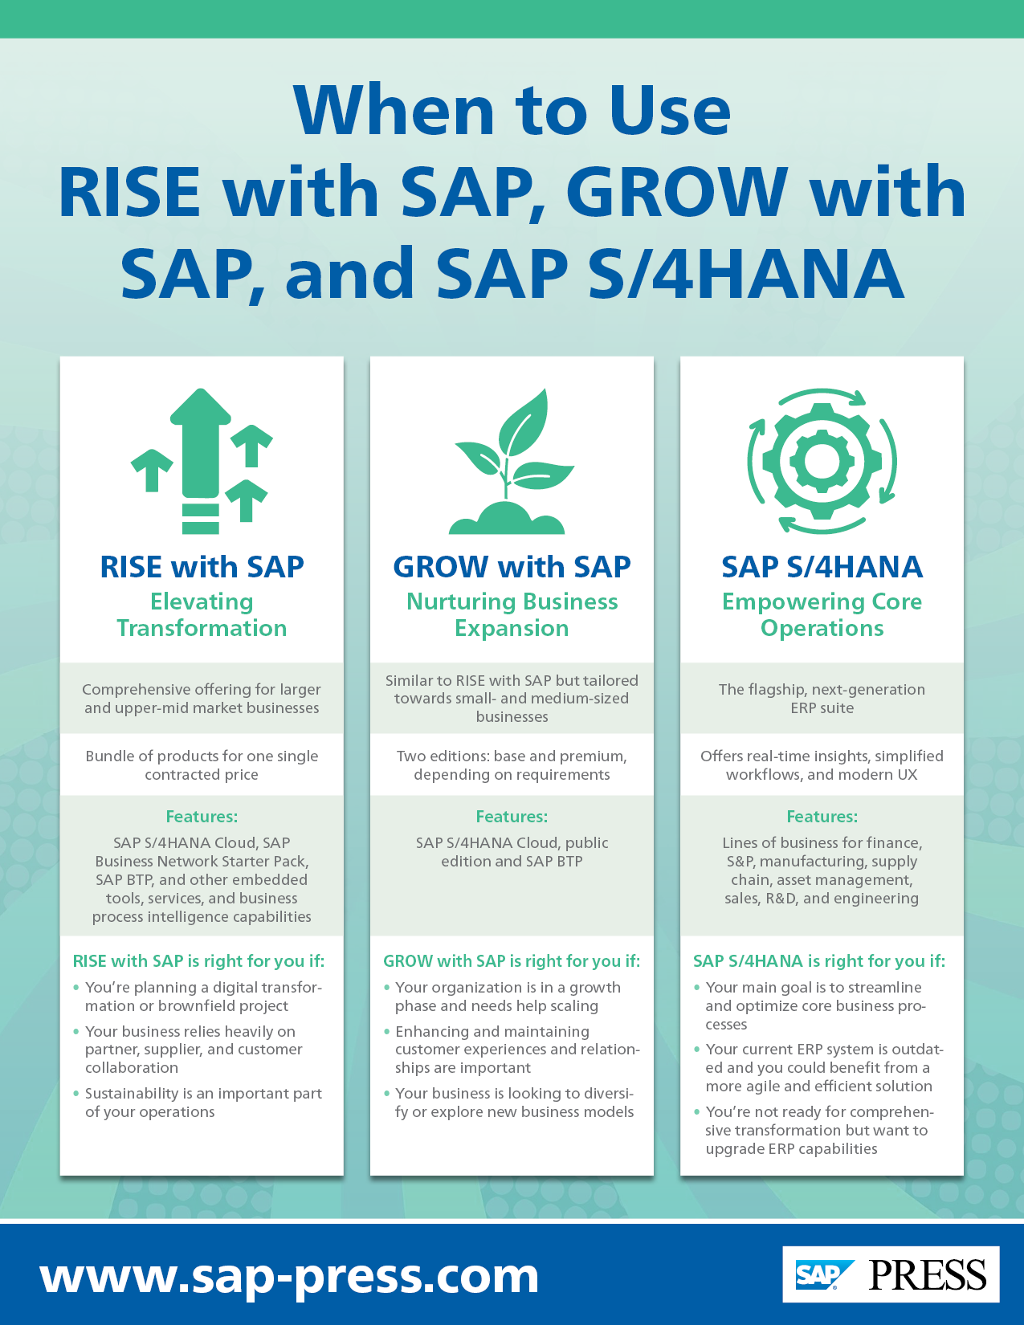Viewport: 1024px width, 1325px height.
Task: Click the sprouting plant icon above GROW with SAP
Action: (x=512, y=463)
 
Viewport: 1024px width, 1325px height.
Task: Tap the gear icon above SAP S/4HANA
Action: (x=822, y=462)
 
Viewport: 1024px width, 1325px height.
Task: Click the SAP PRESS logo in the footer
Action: (x=891, y=1274)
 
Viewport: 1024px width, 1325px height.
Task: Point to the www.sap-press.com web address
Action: (x=289, y=1274)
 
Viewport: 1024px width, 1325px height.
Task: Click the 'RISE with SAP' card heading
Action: (x=202, y=567)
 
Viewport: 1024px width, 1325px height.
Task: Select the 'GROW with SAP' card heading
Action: (x=512, y=567)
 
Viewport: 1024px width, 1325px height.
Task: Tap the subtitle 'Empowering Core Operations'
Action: (x=822, y=614)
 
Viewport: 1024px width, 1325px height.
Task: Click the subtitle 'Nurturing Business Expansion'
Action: (x=512, y=614)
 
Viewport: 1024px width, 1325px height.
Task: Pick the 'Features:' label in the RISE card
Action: (x=202, y=817)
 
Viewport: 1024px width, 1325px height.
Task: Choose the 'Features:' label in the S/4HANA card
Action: (x=822, y=817)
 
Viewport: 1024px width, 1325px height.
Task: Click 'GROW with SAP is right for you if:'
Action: (x=512, y=961)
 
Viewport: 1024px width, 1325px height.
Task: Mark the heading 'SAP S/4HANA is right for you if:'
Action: (x=819, y=961)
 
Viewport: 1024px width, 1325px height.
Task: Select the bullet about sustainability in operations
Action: (x=203, y=1103)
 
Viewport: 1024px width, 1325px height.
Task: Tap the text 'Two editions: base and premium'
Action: (x=512, y=756)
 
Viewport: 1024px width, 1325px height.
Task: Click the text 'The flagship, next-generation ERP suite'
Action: (x=822, y=699)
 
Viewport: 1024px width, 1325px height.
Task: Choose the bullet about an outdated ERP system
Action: (x=824, y=1068)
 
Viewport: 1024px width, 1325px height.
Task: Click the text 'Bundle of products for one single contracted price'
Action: (x=202, y=765)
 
